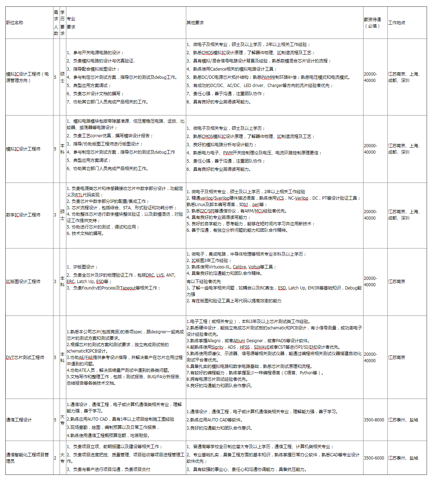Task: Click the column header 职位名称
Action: tap(15, 23)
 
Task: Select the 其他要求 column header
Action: tap(195, 23)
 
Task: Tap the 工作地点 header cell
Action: tap(397, 23)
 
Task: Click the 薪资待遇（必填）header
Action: tap(372, 23)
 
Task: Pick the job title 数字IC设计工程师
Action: tap(23, 215)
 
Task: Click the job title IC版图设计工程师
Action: tap(23, 282)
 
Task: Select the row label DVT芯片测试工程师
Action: tap(25, 358)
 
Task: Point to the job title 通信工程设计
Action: tap(19, 420)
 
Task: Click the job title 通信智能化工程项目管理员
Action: tap(27, 458)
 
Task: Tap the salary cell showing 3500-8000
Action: tap(374, 420)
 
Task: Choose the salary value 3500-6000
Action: tap(374, 458)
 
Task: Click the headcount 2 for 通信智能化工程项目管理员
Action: tap(55, 458)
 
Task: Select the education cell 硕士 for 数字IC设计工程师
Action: tap(62, 215)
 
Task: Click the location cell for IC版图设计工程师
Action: tap(397, 282)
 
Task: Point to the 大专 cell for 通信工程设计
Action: tap(62, 420)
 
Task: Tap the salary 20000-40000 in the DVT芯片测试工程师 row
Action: tap(370, 358)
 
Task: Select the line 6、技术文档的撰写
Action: tap(85, 234)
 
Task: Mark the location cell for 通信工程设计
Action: tap(403, 420)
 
